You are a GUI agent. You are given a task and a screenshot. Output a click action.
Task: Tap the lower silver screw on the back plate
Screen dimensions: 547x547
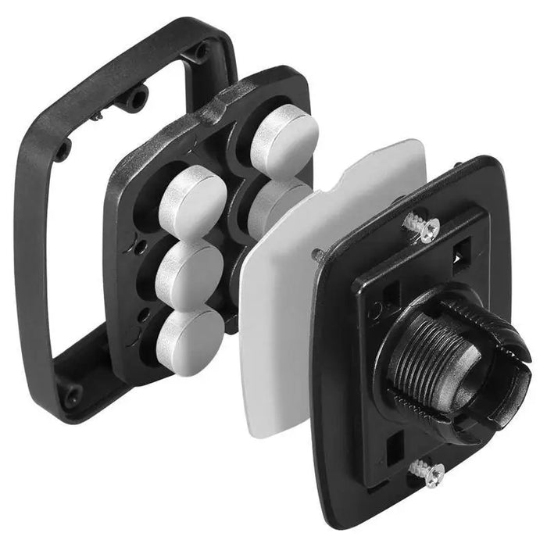tap(429, 472)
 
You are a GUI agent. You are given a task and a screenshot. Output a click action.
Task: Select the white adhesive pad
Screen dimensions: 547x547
tap(281, 328)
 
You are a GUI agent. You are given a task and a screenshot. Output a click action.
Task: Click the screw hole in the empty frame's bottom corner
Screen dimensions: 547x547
tap(73, 395)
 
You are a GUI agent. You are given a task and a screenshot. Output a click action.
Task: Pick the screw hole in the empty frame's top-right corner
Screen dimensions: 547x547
tap(202, 52)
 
